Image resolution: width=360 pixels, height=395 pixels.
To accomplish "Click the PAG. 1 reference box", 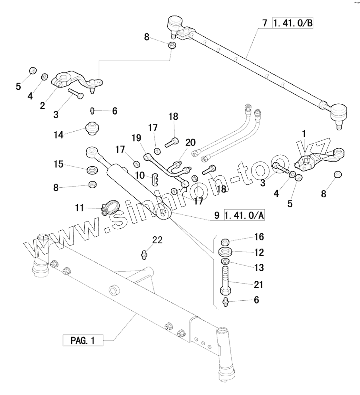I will click(x=83, y=341).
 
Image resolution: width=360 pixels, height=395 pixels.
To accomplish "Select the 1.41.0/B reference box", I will click(x=292, y=23).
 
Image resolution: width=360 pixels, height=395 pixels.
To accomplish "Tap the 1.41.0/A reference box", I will click(x=244, y=216).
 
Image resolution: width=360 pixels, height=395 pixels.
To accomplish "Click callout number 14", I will click(x=58, y=135).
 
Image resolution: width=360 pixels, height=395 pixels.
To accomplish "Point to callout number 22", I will click(x=157, y=240).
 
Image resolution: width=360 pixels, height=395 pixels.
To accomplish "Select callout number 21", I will click(x=259, y=284).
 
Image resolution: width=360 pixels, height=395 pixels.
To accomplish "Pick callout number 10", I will click(x=140, y=175).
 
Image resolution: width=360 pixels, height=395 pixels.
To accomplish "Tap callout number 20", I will click(x=190, y=142).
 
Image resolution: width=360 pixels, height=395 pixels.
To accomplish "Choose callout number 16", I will click(x=259, y=237).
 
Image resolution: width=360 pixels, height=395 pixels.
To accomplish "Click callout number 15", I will click(x=58, y=164).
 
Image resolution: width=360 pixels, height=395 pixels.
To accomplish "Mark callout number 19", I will click(x=136, y=138).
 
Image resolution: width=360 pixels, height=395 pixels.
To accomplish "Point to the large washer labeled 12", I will click(x=225, y=252).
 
